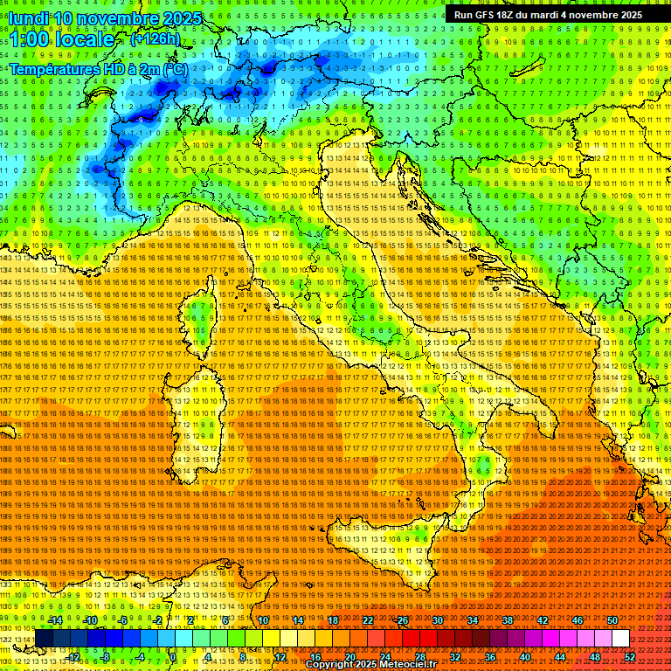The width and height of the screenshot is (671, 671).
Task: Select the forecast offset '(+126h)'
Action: pos(155,38)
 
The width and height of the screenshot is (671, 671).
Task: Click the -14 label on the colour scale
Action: pos(54,620)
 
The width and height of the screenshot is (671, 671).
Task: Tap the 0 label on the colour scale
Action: pos(173,657)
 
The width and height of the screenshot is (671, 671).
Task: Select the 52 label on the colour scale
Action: pos(629,657)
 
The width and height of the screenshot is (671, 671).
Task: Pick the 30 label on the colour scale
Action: pos(437,620)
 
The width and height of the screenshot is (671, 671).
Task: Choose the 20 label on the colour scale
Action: pos(349,657)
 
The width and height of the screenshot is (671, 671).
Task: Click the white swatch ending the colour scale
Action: pos(620,639)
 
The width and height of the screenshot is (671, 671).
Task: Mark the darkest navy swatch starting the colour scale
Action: pos(44,639)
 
